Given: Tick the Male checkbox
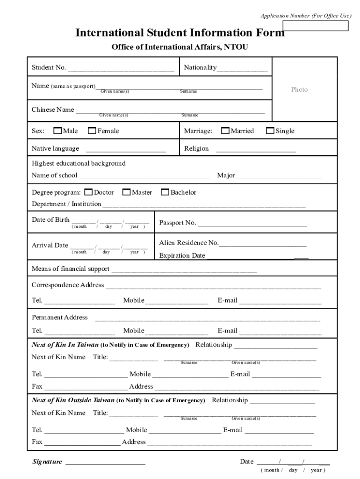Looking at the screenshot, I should [58, 131].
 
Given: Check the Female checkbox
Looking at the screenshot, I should [92, 131].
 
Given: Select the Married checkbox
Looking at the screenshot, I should [225, 131].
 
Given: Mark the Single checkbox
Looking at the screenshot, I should [270, 131].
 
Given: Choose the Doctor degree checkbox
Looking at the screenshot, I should [89, 192].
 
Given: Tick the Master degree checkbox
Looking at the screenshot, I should [127, 192].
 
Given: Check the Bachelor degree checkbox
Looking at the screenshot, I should [165, 192].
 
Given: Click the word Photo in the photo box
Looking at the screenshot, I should [299, 89].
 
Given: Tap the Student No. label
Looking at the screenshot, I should [49, 67].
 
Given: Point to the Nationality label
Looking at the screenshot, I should [200, 67].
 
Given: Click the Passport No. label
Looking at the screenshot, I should [178, 223].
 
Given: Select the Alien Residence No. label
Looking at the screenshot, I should [189, 243].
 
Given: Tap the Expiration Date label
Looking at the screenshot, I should [182, 255].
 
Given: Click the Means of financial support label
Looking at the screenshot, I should [70, 269].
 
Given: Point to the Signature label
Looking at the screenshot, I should [47, 462].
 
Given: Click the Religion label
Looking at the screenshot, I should [196, 148].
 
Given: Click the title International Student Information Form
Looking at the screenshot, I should [180, 33].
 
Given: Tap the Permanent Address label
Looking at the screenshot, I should [59, 317].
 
